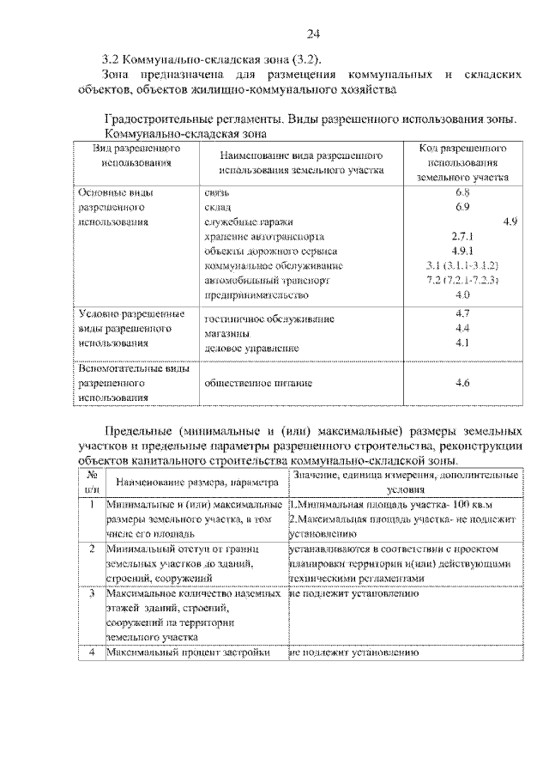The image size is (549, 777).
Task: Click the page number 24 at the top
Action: (313, 33)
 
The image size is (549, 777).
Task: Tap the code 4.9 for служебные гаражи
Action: (509, 222)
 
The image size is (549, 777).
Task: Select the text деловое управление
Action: (251, 348)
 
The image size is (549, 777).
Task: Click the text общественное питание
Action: (257, 383)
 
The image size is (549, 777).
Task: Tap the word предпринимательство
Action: (256, 295)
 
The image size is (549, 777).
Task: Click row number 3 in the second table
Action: (91, 593)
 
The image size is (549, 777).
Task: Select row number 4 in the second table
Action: (91, 653)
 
